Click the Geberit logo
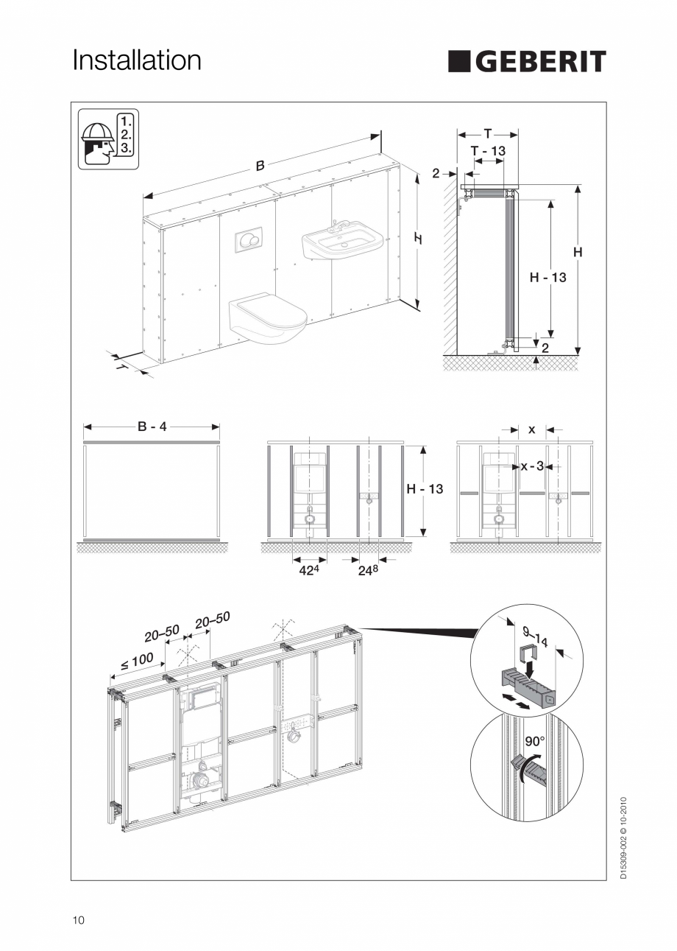tap(527, 62)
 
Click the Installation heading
tap(136, 60)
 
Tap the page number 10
tap(79, 920)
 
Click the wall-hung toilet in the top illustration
tap(266, 318)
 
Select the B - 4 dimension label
tap(152, 427)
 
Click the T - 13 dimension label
tap(488, 150)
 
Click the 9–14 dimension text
tap(535, 636)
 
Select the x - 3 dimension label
tap(532, 466)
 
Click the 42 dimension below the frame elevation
tap(310, 570)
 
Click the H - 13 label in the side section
tap(548, 278)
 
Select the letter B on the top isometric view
tap(260, 166)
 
